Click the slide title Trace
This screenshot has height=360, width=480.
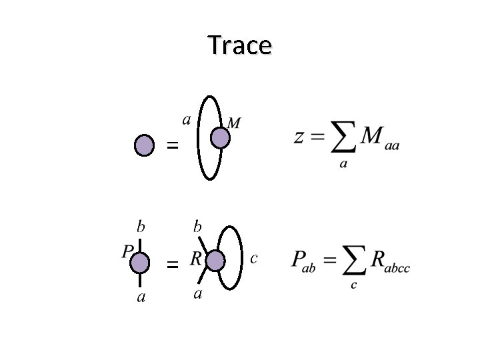[239, 45]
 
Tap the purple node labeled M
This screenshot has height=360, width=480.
[220, 137]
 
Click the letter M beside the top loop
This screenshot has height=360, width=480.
[235, 123]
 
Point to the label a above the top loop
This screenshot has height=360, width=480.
[187, 119]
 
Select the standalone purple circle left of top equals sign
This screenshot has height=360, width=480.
[144, 145]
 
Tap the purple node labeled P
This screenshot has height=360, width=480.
[139, 263]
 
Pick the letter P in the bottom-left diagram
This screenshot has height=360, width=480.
[127, 251]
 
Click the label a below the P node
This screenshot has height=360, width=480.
[141, 296]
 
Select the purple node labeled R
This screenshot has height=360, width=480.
[215, 260]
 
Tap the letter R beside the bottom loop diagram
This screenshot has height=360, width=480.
[196, 257]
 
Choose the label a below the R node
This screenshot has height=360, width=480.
[197, 294]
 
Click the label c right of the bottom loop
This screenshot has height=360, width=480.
[253, 257]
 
